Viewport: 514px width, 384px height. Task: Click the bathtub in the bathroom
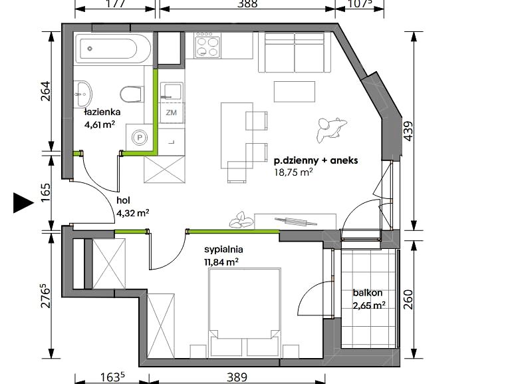tap(113, 48)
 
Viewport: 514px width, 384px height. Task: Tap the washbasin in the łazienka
tap(84, 94)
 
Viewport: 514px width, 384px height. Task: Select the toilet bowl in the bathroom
tap(132, 95)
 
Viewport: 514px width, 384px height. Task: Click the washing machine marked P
tap(140, 138)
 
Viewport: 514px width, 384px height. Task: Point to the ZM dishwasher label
tap(171, 112)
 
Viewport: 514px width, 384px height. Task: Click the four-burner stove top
tap(208, 45)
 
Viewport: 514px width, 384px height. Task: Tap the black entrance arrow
tap(23, 203)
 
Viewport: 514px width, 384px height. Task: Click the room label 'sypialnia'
tap(223, 250)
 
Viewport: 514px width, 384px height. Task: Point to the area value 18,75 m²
tap(293, 172)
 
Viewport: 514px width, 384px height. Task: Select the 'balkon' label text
tap(368, 292)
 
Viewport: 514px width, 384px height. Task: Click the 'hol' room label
tap(123, 200)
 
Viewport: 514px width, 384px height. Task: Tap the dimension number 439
tap(409, 131)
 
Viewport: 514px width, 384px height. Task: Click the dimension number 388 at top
tap(247, 3)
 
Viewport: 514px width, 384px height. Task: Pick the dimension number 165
tap(46, 192)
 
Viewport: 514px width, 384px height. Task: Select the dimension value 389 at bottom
tap(237, 377)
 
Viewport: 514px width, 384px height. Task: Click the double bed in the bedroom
tap(245, 312)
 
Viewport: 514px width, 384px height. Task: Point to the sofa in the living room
tap(295, 52)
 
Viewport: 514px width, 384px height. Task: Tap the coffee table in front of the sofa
tap(295, 92)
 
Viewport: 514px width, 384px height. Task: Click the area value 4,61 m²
tap(100, 124)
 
